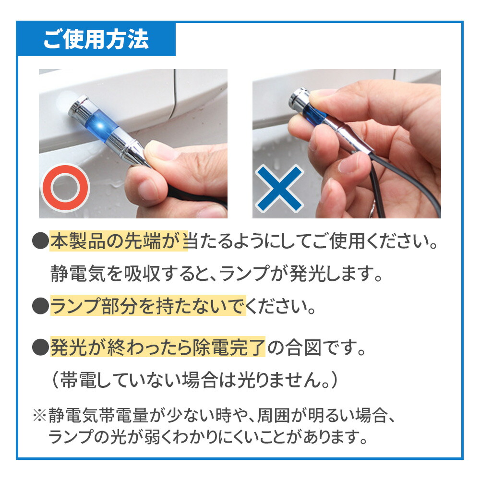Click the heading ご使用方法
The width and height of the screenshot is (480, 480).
pos(96,40)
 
